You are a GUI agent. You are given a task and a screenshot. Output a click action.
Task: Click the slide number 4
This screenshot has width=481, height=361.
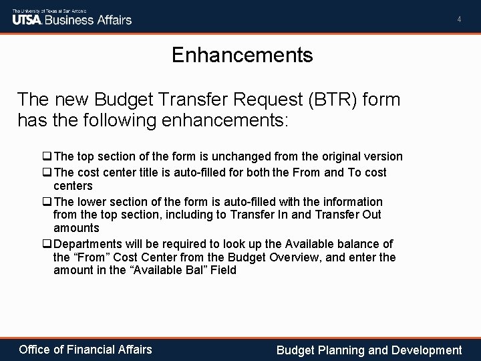pyautogui.click(x=459, y=19)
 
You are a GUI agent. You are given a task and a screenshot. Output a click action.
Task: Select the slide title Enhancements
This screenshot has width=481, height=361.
pyautogui.click(x=242, y=55)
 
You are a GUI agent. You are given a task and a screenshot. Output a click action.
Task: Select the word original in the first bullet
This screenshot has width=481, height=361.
pyautogui.click(x=342, y=156)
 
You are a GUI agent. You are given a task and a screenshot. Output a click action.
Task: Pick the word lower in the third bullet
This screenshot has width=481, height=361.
pyautogui.click(x=93, y=201)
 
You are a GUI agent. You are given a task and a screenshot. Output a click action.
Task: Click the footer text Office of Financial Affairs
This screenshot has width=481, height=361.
pyautogui.click(x=86, y=349)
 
